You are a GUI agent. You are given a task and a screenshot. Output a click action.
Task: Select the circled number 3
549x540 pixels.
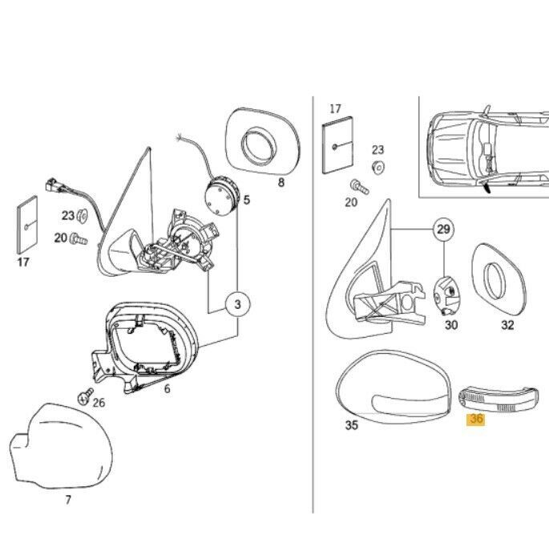[x=238, y=304]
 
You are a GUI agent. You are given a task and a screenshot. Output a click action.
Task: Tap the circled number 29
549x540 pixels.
[x=444, y=229]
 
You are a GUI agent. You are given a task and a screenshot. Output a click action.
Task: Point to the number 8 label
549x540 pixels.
[x=281, y=182]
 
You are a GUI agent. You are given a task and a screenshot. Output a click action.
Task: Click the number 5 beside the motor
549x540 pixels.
[x=247, y=200]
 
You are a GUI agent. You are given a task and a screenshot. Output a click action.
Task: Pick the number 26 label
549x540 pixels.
[x=99, y=403]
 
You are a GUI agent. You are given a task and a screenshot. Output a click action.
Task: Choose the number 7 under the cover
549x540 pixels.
[x=68, y=499]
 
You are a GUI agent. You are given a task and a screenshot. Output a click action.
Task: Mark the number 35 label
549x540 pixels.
[x=352, y=425]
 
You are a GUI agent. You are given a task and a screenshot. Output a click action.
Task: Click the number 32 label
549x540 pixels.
[x=507, y=325]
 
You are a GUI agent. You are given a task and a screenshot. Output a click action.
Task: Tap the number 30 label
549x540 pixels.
[x=451, y=325]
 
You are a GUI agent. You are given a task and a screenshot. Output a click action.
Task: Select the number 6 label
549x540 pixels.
[x=167, y=388]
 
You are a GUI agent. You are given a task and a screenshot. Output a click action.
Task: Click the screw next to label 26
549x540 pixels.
[x=85, y=396]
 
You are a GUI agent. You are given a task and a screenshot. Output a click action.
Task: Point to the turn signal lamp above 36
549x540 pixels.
[x=499, y=400]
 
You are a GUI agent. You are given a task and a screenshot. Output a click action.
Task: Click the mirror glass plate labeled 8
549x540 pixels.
[x=263, y=142]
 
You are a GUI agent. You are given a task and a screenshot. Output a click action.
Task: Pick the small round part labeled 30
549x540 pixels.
[x=446, y=294]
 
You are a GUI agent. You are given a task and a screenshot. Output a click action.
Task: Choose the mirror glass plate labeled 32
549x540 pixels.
[x=499, y=278]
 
